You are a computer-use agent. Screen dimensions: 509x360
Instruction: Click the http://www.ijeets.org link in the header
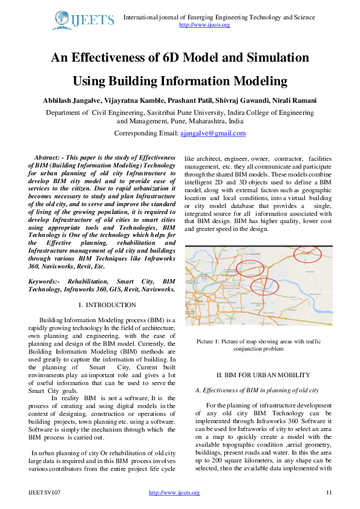click(x=204, y=25)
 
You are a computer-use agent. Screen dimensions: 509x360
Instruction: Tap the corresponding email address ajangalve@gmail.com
click(x=213, y=133)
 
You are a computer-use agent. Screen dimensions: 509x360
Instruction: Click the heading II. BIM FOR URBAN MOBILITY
click(x=255, y=375)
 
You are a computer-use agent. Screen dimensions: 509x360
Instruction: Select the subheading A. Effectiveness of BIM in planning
click(x=253, y=390)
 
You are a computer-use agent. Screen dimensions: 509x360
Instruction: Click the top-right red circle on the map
click(x=307, y=254)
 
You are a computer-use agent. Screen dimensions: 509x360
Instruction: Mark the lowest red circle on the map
click(x=264, y=288)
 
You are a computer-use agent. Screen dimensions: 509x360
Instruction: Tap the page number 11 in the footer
click(x=329, y=493)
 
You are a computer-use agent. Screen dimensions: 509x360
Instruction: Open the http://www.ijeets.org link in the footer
click(x=174, y=493)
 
